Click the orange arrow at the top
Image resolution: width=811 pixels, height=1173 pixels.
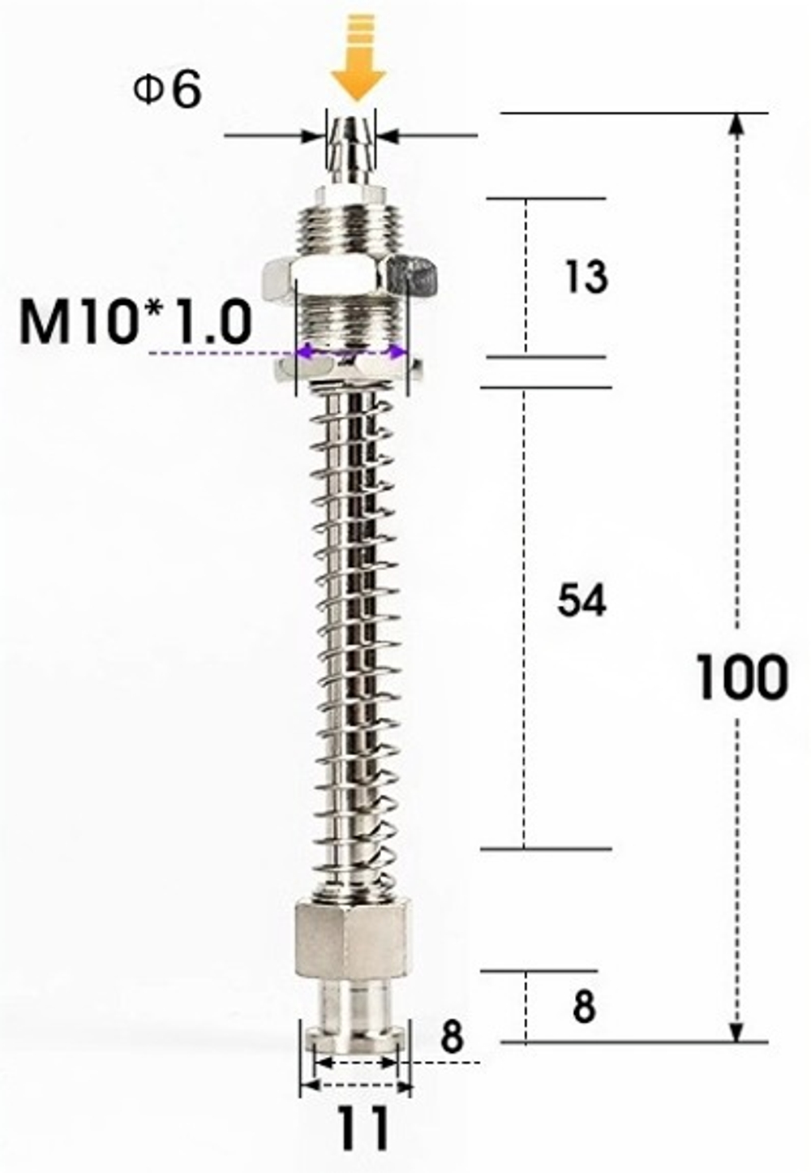[x=356, y=62]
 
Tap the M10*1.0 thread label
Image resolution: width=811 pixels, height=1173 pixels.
[x=135, y=322]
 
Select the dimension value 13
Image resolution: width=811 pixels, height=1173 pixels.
[x=585, y=277]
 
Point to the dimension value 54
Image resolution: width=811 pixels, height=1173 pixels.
[x=581, y=602]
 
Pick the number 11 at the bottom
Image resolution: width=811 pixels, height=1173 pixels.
[x=363, y=1128]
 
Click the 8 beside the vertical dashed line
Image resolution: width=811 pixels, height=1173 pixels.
[x=583, y=1007]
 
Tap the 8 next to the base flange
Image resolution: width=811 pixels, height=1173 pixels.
[x=452, y=1038]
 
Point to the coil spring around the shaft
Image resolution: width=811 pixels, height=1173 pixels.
[x=353, y=633]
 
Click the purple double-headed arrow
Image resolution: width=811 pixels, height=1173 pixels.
[x=352, y=352]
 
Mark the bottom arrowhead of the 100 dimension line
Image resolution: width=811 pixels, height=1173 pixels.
[x=736, y=1031]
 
